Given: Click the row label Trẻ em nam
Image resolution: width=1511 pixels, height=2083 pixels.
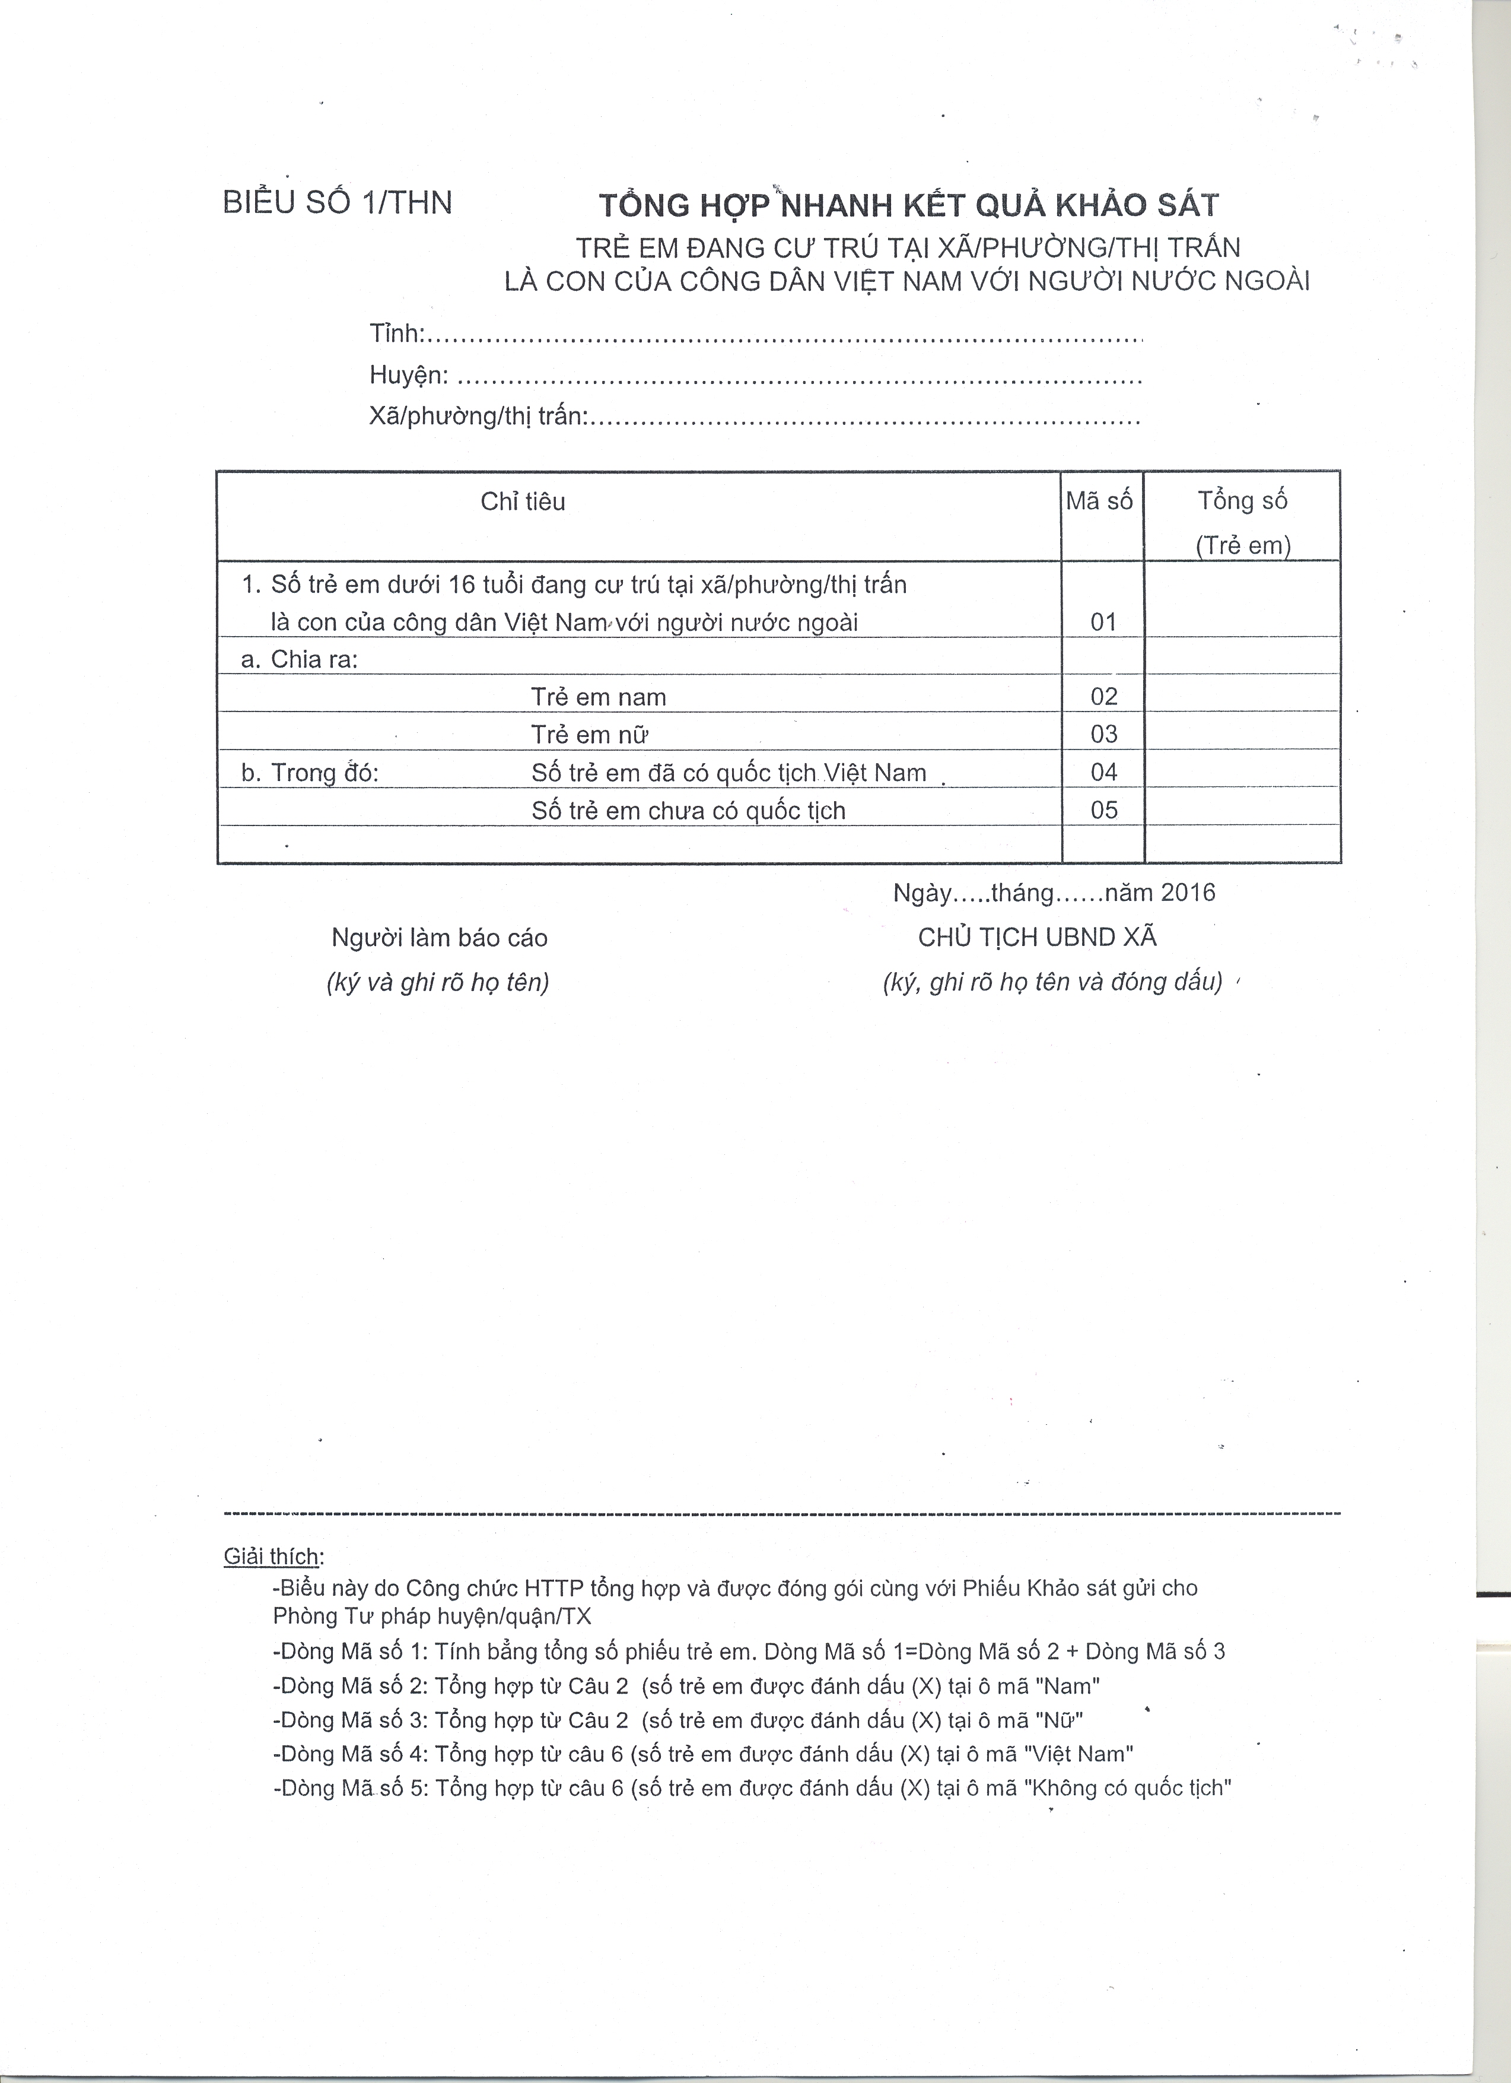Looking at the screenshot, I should click(x=599, y=697).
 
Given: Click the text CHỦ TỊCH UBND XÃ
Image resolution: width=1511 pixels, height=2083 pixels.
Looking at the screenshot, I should click(x=1038, y=937).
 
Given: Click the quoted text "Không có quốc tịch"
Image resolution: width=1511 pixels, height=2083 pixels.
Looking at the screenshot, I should click(x=1131, y=1788).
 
